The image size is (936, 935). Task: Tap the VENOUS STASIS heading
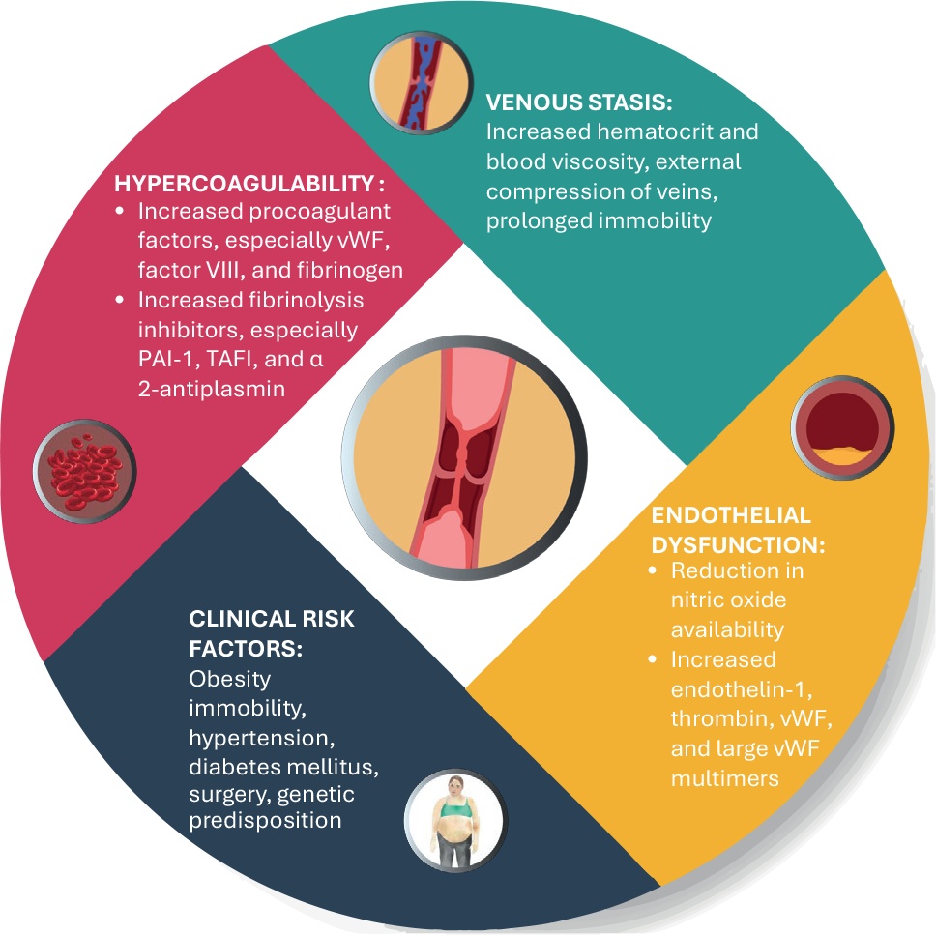point(580,102)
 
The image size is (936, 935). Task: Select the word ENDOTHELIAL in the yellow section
point(731,514)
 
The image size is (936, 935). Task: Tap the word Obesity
point(229,679)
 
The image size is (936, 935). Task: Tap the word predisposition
point(266,823)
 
